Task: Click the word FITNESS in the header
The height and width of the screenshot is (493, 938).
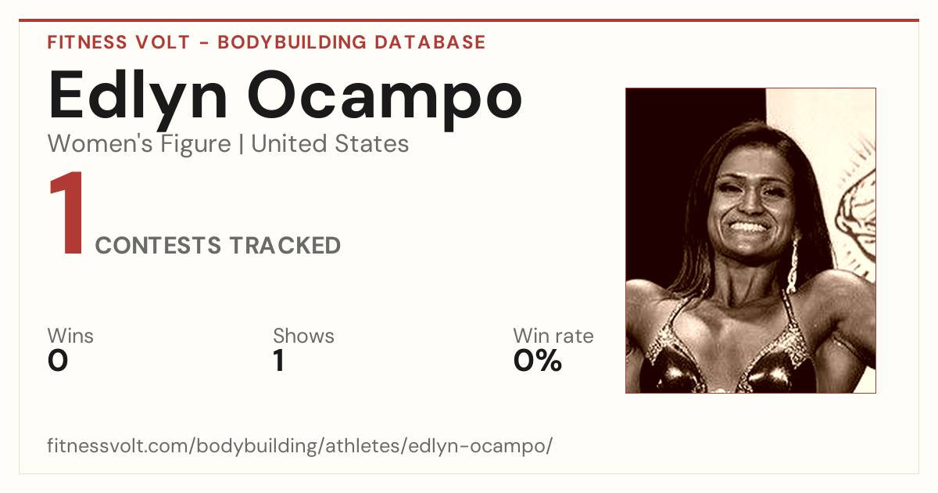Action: pyautogui.click(x=87, y=42)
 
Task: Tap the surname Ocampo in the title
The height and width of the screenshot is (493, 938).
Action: pyautogui.click(x=385, y=100)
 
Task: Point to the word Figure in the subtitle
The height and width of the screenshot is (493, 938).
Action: pyautogui.click(x=195, y=144)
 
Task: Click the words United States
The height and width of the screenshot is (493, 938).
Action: pyautogui.click(x=330, y=144)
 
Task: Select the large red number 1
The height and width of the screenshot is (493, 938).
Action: pyautogui.click(x=67, y=213)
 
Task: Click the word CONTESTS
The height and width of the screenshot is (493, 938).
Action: pyautogui.click(x=158, y=245)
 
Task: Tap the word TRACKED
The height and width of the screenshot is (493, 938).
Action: pyautogui.click(x=285, y=245)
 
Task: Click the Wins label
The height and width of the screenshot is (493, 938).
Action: pyautogui.click(x=70, y=336)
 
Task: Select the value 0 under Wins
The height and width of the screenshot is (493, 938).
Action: pyautogui.click(x=58, y=361)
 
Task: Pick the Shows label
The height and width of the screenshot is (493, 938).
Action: pyautogui.click(x=303, y=336)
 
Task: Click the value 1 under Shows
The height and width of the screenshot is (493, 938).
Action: pyautogui.click(x=279, y=361)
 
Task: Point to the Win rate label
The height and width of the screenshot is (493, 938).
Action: pyautogui.click(x=553, y=336)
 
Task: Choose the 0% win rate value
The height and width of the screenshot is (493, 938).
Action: pyautogui.click(x=538, y=361)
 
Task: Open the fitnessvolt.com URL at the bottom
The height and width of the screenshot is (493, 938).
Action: pyautogui.click(x=300, y=445)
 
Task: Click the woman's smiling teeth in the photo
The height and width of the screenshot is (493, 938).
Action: pyautogui.click(x=749, y=228)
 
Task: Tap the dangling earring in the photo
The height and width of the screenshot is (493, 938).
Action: pyautogui.click(x=793, y=265)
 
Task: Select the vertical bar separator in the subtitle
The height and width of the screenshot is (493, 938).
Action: pyautogui.click(x=242, y=144)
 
